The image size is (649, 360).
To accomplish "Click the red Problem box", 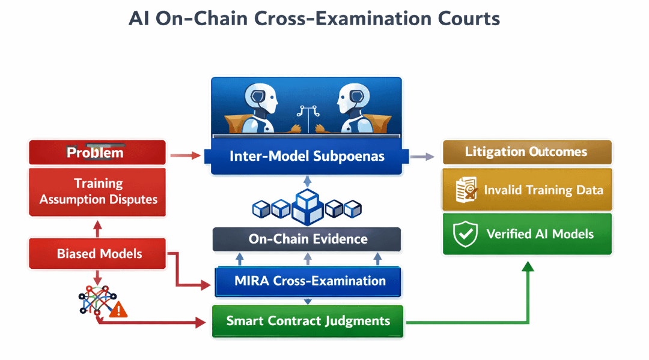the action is [97, 152].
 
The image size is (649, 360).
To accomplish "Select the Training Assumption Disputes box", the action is [97, 192].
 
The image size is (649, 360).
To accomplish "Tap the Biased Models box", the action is [97, 253].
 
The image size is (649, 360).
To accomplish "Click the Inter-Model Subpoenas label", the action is [306, 156].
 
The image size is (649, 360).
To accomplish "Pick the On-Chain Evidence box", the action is [306, 239].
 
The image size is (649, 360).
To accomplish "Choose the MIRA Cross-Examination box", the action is [308, 281].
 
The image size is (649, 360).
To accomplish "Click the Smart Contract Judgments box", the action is [308, 321].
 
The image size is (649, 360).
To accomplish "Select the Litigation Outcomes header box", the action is [527, 152].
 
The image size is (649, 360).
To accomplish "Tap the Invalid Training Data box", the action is [527, 190].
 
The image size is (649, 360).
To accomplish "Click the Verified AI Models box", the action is [527, 234].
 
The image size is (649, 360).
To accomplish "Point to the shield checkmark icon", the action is [465, 233].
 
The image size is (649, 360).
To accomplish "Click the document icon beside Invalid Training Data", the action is [466, 190].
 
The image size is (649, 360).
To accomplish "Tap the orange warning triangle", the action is [118, 310].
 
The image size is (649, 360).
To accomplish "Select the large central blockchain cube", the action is [307, 207].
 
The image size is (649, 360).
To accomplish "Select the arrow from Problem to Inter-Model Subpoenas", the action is [186, 155].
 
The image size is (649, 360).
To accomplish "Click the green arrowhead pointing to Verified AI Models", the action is [528, 266].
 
